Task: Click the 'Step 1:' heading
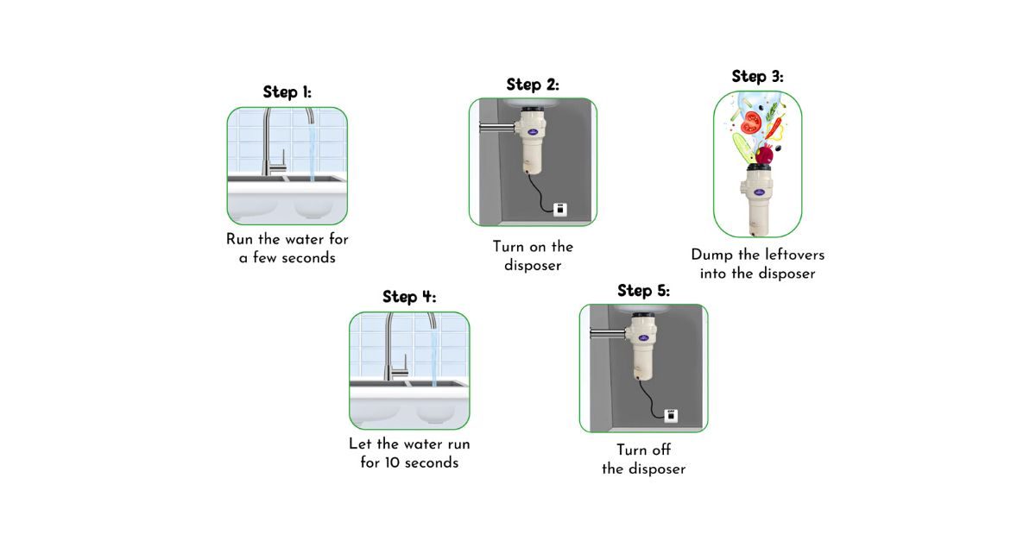287,92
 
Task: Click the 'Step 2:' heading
533,85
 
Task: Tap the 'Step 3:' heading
757,77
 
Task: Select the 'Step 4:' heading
409,297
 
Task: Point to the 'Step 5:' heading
643,291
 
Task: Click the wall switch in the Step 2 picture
559,208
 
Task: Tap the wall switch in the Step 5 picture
671,415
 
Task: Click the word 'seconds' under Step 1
307,258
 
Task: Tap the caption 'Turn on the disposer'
533,256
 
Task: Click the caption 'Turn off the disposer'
643,460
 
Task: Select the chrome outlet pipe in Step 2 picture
496,129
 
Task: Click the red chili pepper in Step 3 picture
776,129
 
